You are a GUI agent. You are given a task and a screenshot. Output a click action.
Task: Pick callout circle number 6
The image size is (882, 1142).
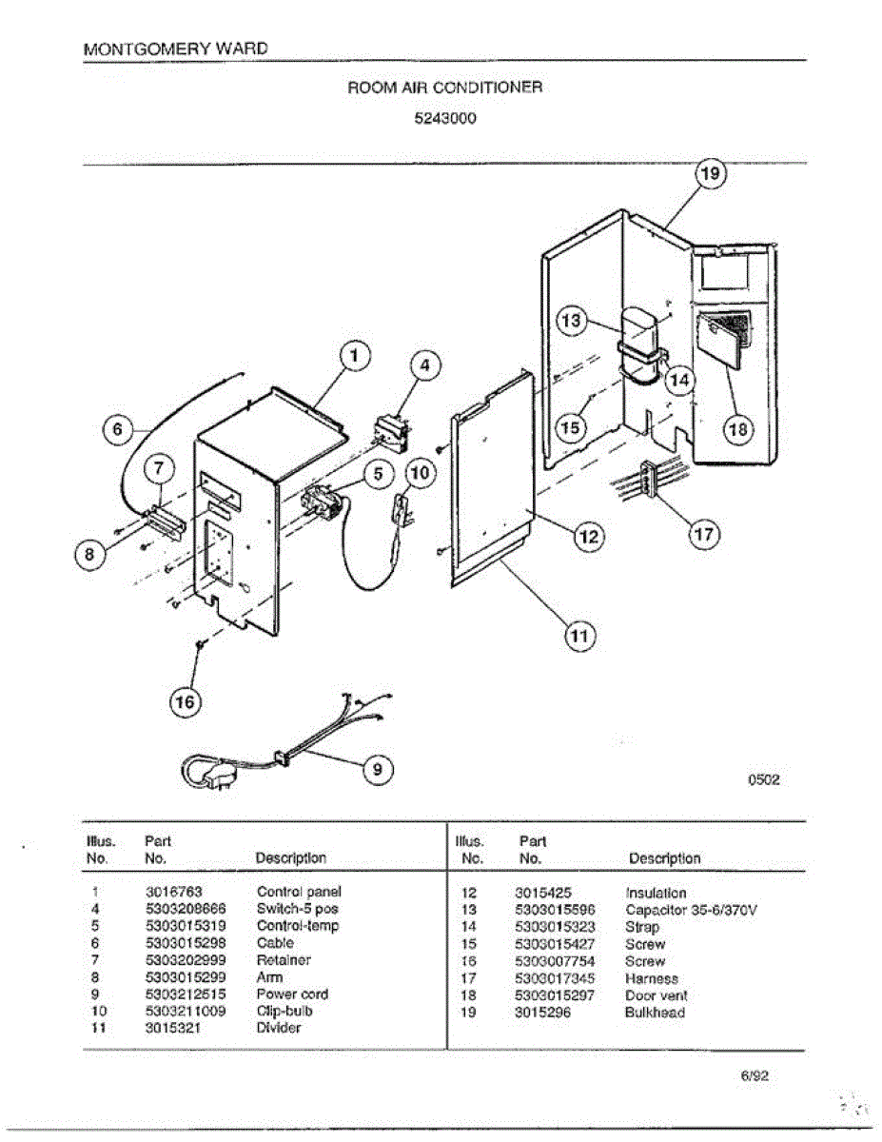pyautogui.click(x=118, y=430)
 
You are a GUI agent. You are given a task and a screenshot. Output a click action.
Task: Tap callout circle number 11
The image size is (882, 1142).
pyautogui.click(x=579, y=635)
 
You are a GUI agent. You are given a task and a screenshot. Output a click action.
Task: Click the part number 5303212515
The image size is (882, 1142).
pyautogui.click(x=186, y=994)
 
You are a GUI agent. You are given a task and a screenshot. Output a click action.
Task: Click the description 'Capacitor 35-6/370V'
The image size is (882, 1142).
pyautogui.click(x=691, y=910)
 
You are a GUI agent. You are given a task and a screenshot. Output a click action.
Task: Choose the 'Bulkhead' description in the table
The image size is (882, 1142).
pyautogui.click(x=655, y=1013)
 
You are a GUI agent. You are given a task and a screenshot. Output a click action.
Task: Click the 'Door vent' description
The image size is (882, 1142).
pyautogui.click(x=657, y=995)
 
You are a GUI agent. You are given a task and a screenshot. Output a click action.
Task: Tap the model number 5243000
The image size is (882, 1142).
pyautogui.click(x=445, y=120)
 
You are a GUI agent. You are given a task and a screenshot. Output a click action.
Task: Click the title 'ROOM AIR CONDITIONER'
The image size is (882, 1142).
pyautogui.click(x=445, y=88)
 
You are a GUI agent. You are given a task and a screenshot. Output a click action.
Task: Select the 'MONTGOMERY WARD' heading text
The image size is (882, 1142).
pyautogui.click(x=176, y=48)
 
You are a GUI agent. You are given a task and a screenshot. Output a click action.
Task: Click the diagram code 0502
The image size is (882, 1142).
pyautogui.click(x=763, y=779)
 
